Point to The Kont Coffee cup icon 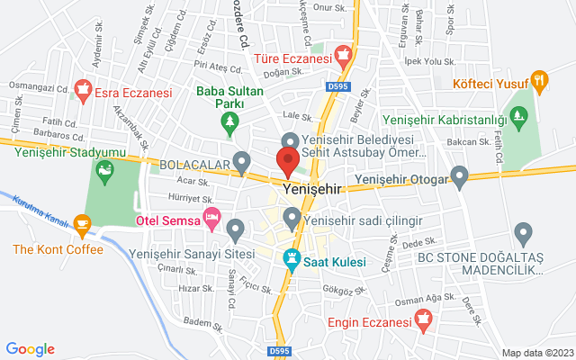82,222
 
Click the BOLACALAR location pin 241,162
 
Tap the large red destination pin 288,161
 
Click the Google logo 30,349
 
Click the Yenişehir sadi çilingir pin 292,217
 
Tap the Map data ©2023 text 537,352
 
